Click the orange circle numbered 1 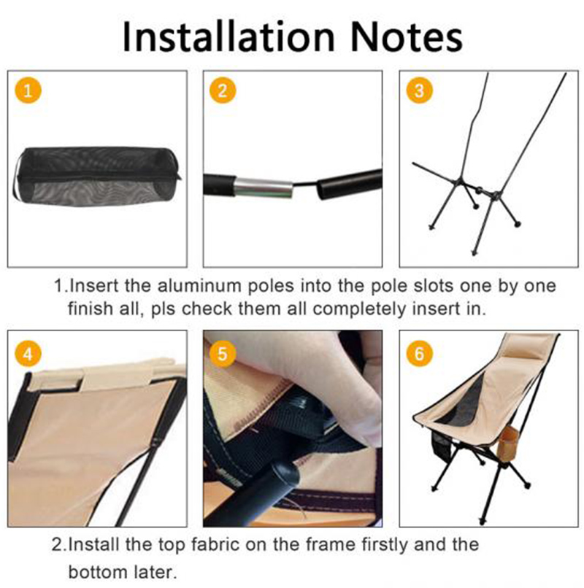coord(28,90)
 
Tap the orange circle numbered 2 coord(223,90)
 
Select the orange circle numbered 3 coord(419,90)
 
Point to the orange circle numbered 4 coord(28,353)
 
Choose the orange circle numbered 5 coord(223,353)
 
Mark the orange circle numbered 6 coord(419,353)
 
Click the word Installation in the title coord(228,36)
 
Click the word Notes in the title coord(407,36)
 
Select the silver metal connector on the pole coord(263,187)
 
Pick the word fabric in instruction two coord(212,544)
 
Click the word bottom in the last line coord(96,572)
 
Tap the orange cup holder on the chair coord(509,440)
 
